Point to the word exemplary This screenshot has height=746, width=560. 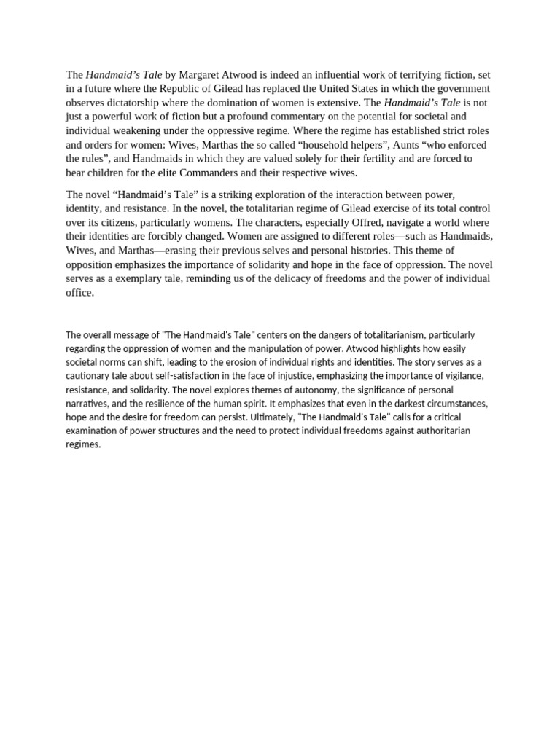(137, 278)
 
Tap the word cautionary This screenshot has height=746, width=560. (91, 376)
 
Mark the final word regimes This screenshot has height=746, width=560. (82, 444)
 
